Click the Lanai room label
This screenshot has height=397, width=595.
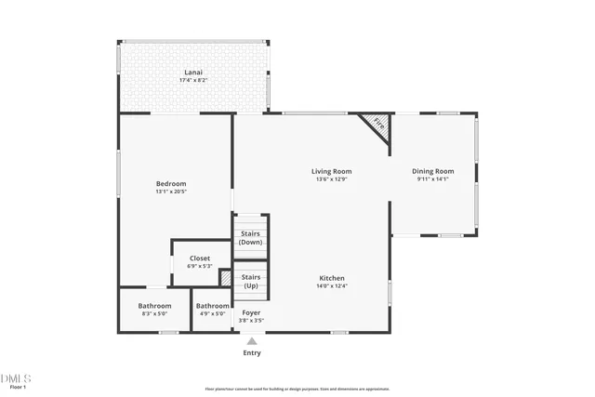point(192,73)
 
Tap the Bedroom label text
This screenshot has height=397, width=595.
point(171,183)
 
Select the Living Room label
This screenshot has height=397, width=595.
point(331,171)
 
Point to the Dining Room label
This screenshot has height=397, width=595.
point(432,171)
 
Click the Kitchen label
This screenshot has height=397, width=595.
point(333,278)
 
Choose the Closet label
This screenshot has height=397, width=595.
point(200,258)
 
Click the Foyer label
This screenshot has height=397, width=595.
point(251,312)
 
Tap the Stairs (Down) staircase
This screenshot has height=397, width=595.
point(251,237)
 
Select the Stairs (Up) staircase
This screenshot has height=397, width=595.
point(251,281)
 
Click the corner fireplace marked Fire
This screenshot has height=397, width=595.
point(377,123)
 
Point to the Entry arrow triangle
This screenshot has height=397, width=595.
point(251,341)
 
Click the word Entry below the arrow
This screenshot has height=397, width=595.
point(252,352)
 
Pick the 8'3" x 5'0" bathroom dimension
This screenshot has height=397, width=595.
point(154,313)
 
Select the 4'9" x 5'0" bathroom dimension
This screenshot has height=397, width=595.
point(213,313)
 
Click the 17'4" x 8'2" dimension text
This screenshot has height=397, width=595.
point(192,80)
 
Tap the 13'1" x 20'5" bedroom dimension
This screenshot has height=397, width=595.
point(171,192)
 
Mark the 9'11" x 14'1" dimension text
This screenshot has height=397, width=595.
point(432,179)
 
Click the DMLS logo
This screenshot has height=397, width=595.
point(16,378)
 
